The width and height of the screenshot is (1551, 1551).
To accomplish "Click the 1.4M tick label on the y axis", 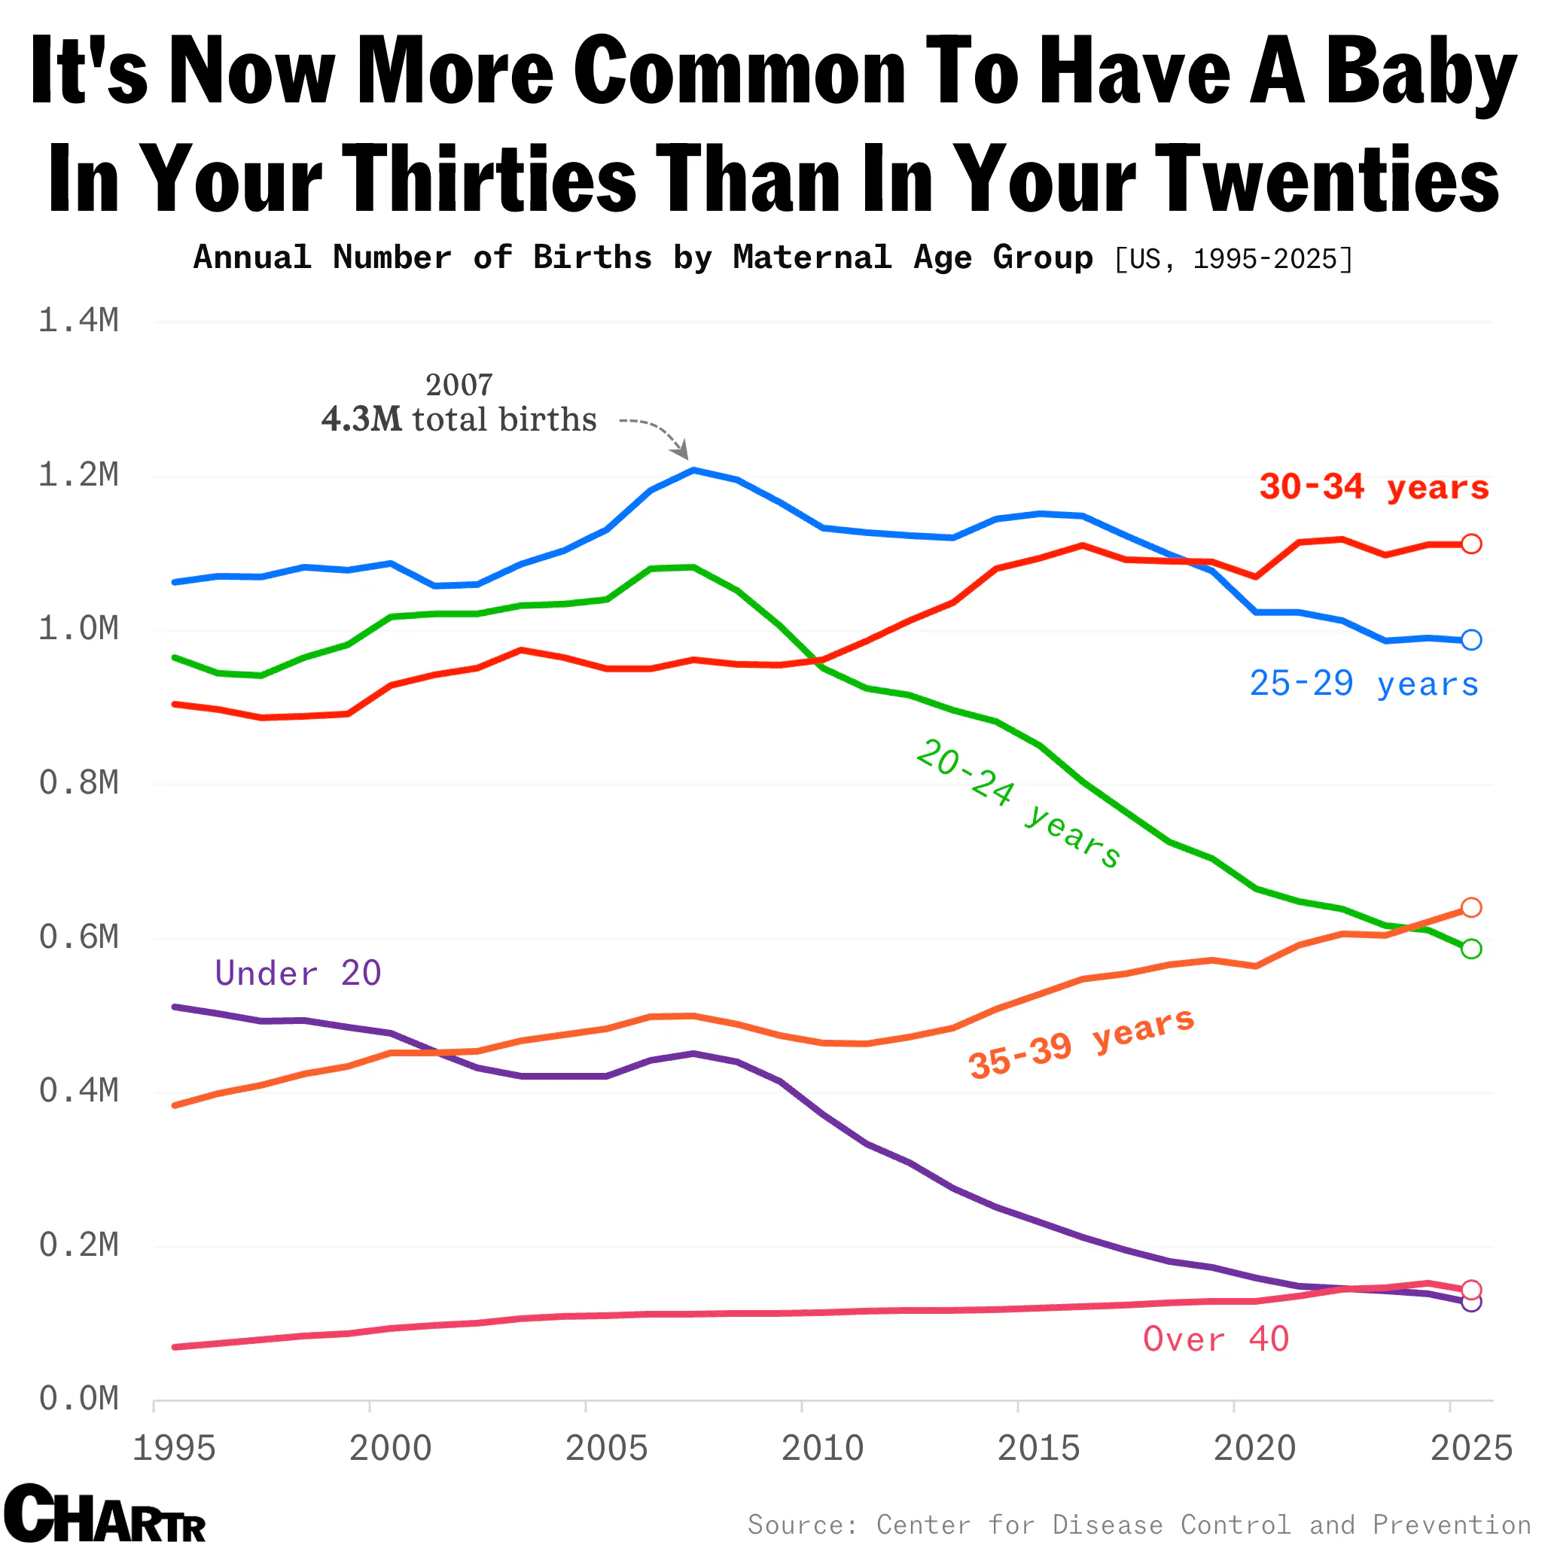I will [78, 321].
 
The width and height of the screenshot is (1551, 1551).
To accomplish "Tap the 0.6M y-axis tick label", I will [78, 937].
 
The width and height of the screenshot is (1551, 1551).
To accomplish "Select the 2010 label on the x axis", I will [822, 1449].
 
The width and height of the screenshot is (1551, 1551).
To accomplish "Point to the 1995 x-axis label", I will [174, 1449].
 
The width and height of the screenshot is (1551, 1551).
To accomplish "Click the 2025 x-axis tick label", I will [1471, 1449].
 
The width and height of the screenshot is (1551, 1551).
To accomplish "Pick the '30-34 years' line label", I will [1373, 487].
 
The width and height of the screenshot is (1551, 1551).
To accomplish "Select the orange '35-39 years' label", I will [1081, 1043].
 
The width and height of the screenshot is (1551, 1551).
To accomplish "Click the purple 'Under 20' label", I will [298, 973].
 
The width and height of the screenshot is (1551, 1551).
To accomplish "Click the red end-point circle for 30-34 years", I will [1470, 544].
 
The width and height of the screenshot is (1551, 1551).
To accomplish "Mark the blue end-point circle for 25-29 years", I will [1470, 640].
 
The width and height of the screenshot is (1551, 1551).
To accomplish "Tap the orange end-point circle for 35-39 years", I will [1470, 907].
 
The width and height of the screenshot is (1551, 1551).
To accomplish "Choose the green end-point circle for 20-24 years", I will [1470, 949].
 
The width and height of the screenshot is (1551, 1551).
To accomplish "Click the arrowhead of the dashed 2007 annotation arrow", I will [683, 453].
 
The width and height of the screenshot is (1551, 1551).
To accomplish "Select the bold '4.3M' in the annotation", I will [361, 420].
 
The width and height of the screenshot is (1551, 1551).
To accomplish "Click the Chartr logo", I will [105, 1514].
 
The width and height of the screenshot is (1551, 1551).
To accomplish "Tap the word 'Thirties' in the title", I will [489, 178].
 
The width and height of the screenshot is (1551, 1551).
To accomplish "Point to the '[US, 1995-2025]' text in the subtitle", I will [1233, 259].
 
